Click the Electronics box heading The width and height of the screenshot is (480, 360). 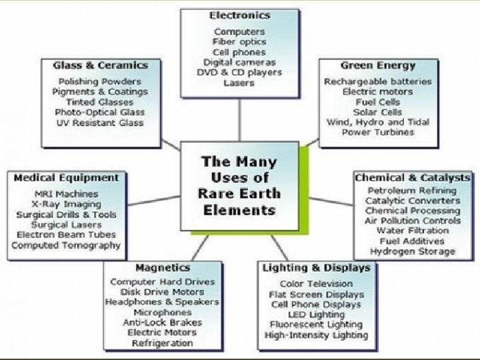(x=240, y=15)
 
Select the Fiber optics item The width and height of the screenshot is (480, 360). (x=239, y=42)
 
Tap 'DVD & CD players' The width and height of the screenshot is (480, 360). (x=239, y=73)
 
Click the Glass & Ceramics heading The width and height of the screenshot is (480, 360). (x=101, y=65)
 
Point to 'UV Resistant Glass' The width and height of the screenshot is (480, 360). (x=100, y=123)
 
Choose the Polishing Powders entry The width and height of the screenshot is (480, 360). (x=100, y=81)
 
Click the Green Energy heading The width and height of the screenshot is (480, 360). (x=378, y=65)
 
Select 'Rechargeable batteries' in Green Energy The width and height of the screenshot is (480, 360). (x=378, y=81)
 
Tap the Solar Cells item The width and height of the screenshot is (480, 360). (x=378, y=112)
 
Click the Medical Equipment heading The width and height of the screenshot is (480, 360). (x=67, y=178)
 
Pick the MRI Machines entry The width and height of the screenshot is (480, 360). (x=67, y=194)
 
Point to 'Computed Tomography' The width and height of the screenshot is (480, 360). (x=66, y=245)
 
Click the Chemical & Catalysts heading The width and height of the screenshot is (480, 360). (x=413, y=178)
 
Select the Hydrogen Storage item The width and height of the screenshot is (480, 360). (x=413, y=251)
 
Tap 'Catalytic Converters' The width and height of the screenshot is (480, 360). (x=413, y=201)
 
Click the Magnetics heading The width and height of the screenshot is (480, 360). (x=163, y=268)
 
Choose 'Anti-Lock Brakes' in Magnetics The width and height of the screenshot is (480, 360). (x=163, y=323)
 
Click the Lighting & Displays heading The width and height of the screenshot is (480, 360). (x=317, y=268)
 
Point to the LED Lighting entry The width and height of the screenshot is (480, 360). (x=317, y=315)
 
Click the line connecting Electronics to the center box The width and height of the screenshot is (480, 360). (x=239, y=120)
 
